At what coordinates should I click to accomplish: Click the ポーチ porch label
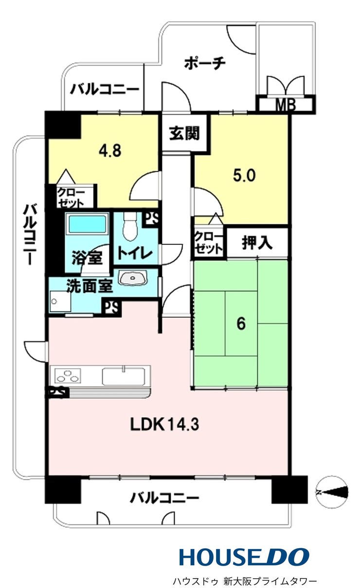(x=205, y=64)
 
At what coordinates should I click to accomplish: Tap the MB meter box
(x=286, y=104)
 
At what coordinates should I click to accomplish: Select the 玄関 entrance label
(x=184, y=133)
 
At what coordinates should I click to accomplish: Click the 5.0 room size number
(x=244, y=175)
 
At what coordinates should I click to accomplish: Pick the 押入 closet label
(x=257, y=242)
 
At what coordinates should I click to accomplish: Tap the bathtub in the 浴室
(x=87, y=223)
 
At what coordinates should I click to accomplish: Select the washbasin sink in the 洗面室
(x=133, y=277)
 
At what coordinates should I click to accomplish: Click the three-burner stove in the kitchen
(x=68, y=376)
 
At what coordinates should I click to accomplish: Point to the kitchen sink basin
(x=123, y=376)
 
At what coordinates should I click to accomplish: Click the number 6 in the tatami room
(x=241, y=323)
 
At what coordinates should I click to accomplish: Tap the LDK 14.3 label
(x=164, y=424)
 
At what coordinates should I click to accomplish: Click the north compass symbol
(x=332, y=492)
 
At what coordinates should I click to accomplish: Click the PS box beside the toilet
(x=150, y=219)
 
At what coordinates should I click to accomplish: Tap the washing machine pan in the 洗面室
(x=60, y=301)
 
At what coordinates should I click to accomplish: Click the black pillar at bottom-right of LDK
(x=289, y=489)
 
